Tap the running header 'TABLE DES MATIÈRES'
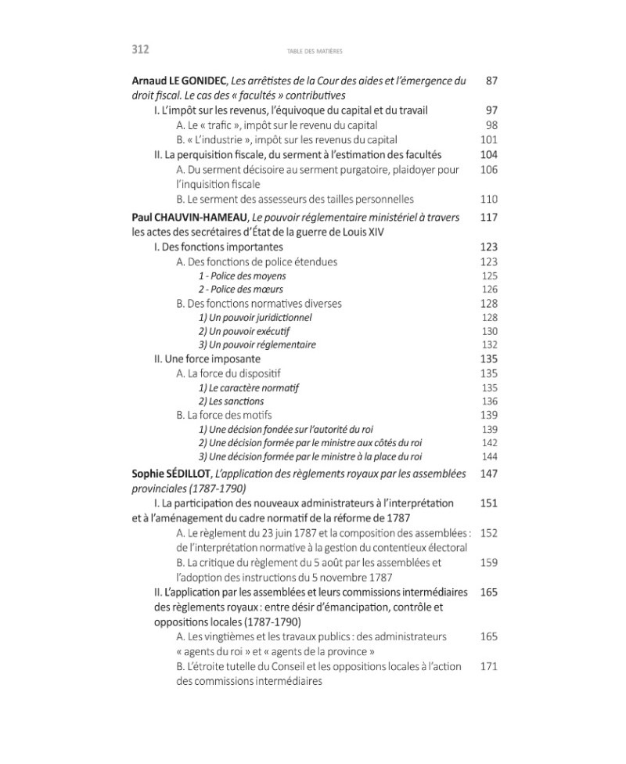(311, 51)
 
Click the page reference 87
(491, 81)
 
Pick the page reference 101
(488, 140)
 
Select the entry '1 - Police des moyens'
(242, 276)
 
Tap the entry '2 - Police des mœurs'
(239, 290)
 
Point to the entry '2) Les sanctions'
(231, 402)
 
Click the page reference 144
(489, 457)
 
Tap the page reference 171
(488, 667)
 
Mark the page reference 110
(488, 200)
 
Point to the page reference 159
(488, 562)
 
